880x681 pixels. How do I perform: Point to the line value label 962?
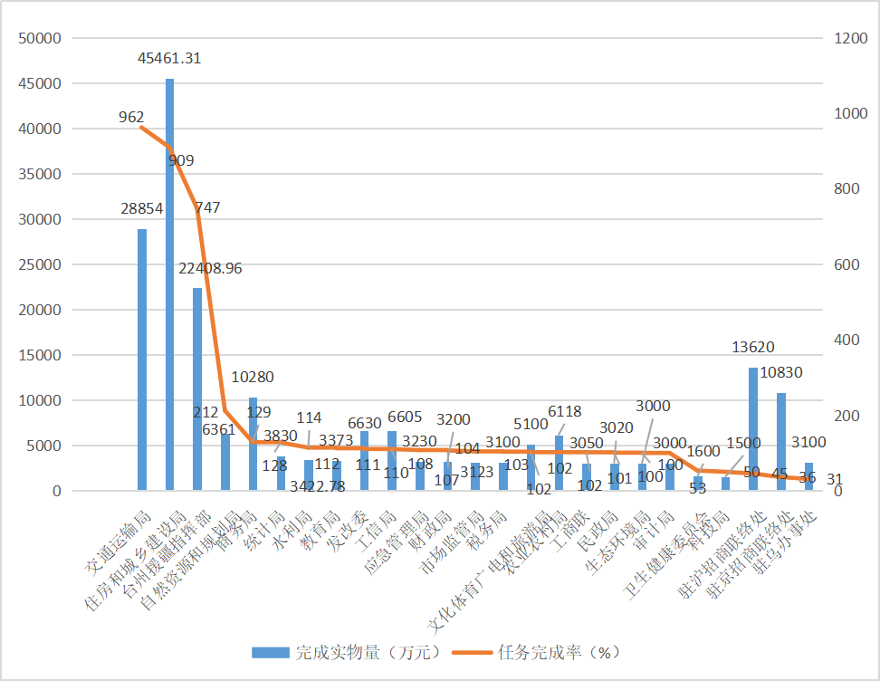coord(131,117)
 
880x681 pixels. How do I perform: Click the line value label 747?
coord(207,207)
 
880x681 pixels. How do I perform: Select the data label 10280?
coord(253,377)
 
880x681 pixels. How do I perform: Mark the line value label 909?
coord(180,160)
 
